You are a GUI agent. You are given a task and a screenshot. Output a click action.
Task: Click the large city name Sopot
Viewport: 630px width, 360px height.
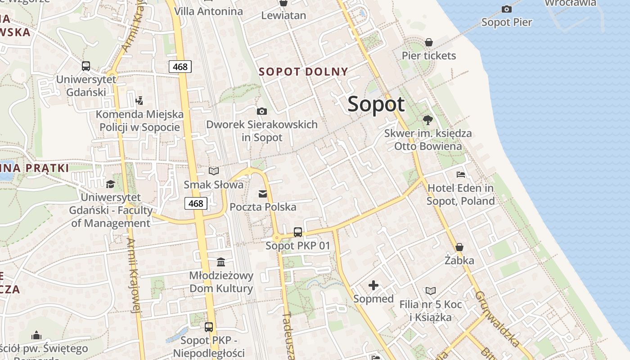pos(376,104)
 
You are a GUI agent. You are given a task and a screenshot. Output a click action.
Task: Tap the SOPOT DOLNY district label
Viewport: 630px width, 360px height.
pos(303,72)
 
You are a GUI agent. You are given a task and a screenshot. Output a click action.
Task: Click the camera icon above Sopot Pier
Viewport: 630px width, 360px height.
pos(506,9)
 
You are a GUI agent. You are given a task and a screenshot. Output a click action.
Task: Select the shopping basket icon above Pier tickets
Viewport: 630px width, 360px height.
pos(429,42)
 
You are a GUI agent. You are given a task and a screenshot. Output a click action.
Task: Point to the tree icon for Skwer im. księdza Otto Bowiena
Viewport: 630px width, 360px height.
pos(427,120)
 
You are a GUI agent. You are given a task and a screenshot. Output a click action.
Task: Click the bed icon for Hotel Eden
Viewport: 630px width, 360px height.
pos(460,174)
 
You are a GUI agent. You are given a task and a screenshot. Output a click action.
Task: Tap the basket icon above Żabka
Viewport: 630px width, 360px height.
pos(459,247)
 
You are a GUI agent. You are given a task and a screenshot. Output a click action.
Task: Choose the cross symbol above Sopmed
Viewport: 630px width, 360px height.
pos(373,285)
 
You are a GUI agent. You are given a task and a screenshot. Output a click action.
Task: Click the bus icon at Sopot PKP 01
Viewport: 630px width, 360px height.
pos(297,232)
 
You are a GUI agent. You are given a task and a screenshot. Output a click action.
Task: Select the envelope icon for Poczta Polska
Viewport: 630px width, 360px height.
pos(263,194)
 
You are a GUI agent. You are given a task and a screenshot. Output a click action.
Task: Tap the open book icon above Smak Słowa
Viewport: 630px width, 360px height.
pos(214,171)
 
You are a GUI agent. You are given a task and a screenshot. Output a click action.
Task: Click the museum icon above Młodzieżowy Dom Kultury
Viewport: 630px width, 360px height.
pos(221,262)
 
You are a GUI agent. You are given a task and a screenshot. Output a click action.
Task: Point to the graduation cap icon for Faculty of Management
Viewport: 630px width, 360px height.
pos(110,184)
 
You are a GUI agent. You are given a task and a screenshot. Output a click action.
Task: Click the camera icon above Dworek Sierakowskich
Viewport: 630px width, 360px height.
pos(261,111)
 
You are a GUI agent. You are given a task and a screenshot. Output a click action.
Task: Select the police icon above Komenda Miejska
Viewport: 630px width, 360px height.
pos(139,101)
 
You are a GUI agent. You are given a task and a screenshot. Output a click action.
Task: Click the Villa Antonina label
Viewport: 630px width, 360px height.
pos(208,11)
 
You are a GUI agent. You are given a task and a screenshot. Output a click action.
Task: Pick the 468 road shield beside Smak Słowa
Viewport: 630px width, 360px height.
pos(196,203)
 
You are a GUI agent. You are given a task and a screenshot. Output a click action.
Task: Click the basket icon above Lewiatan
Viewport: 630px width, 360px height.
pos(283,3)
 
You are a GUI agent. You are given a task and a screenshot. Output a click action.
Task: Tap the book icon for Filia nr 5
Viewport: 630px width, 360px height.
pos(431,291)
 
